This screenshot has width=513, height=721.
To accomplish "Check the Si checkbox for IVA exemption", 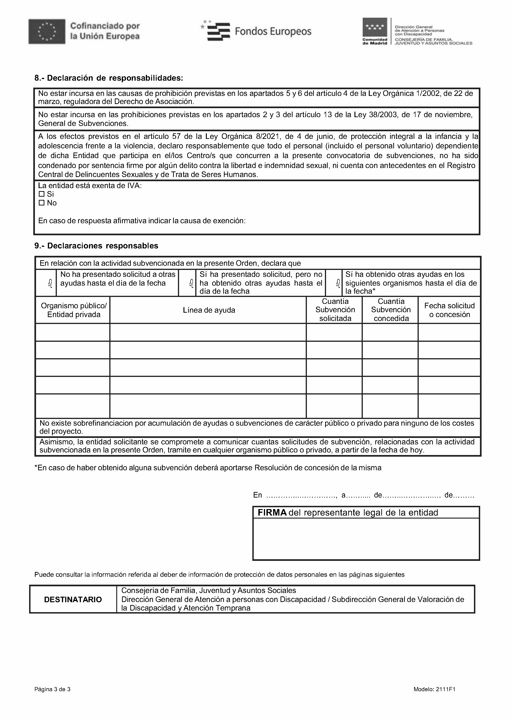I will [41, 194].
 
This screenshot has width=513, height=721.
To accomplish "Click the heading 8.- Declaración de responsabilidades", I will [109, 78].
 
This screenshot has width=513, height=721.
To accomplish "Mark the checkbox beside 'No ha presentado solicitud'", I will [50, 283].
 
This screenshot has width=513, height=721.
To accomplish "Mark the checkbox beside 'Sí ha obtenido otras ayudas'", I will [337, 283].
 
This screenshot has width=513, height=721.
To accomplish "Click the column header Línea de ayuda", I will [209, 310].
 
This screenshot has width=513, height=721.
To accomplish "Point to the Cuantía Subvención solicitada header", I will [335, 310].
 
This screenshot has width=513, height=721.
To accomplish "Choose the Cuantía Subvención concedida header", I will [391, 310].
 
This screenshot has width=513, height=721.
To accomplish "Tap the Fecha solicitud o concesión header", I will [449, 310].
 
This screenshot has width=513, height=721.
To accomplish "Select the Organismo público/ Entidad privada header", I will [74, 310].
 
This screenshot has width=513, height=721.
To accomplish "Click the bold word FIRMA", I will [272, 513].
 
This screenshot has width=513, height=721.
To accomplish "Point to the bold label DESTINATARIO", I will [73, 599].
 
